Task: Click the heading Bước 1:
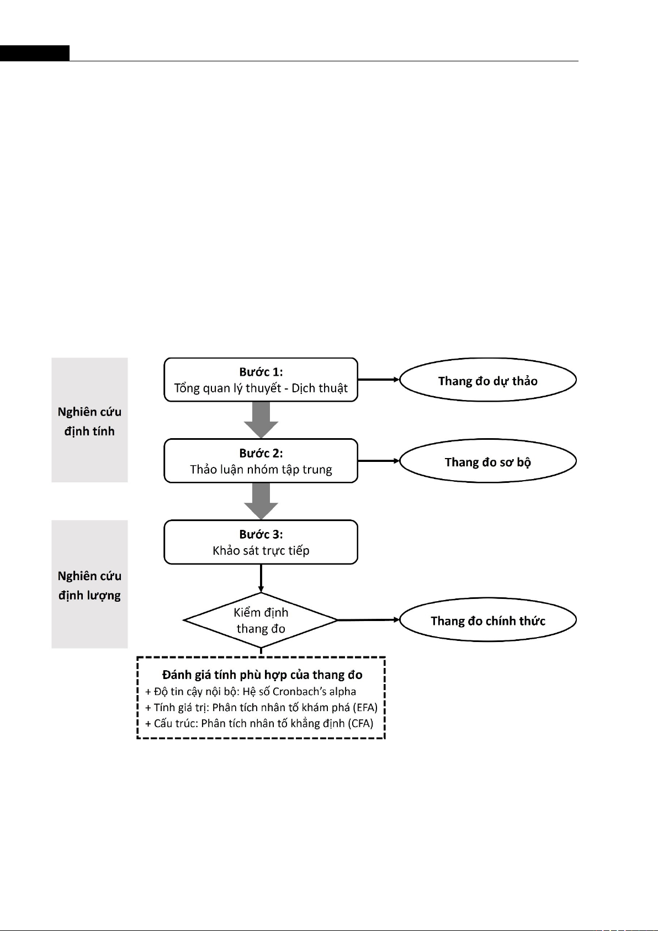pyautogui.click(x=261, y=372)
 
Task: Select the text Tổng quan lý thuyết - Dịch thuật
pyautogui.click(x=261, y=388)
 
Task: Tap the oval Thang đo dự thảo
pyautogui.click(x=488, y=380)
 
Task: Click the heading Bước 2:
pyautogui.click(x=261, y=453)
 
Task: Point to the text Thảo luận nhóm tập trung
pyautogui.click(x=261, y=470)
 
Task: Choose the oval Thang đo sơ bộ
pyautogui.click(x=488, y=461)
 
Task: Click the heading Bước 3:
pyautogui.click(x=261, y=534)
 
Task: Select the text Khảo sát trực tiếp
pyautogui.click(x=261, y=551)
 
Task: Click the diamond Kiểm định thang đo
pyautogui.click(x=261, y=620)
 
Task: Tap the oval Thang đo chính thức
pyautogui.click(x=488, y=620)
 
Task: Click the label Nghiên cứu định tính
pyautogui.click(x=89, y=422)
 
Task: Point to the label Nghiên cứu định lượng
pyautogui.click(x=89, y=586)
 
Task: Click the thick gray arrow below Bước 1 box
pyautogui.click(x=261, y=420)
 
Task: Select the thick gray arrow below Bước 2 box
pyautogui.click(x=261, y=501)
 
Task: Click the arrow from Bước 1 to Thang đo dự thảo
pyautogui.click(x=379, y=380)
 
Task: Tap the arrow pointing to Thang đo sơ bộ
pyautogui.click(x=379, y=461)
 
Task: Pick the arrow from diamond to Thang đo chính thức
pyautogui.click(x=369, y=620)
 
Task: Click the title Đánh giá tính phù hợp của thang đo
pyautogui.click(x=262, y=675)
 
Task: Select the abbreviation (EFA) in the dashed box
pyautogui.click(x=365, y=707)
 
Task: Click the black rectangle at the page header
pyautogui.click(x=34, y=53)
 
